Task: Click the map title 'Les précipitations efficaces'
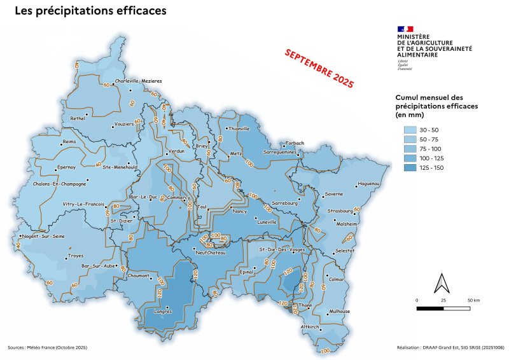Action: (90, 11)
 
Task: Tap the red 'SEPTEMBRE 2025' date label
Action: (319, 68)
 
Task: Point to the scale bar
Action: (443, 308)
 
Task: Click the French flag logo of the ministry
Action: (405, 29)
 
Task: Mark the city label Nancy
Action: (239, 211)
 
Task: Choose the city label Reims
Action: (69, 141)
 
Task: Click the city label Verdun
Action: (175, 151)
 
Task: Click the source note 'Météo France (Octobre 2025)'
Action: (48, 348)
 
